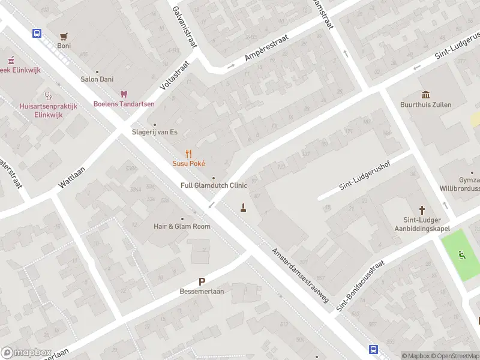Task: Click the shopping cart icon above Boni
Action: [64, 36]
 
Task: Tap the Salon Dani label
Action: [97, 79]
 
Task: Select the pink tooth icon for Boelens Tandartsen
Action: [124, 94]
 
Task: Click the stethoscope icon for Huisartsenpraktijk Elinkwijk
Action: [48, 95]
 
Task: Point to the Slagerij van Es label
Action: [155, 132]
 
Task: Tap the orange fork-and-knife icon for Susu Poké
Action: [188, 154]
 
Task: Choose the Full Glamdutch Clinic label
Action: [214, 185]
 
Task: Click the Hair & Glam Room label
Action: [182, 226]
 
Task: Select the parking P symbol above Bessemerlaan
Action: [202, 281]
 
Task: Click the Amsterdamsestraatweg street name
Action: [299, 275]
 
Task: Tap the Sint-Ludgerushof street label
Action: [364, 176]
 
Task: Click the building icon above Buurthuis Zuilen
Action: [425, 95]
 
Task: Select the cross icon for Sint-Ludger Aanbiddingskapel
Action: [422, 210]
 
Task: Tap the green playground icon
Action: [462, 254]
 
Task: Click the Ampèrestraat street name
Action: [267, 48]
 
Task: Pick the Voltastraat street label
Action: [175, 75]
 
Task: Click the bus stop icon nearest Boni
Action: [37, 34]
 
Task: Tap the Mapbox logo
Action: [26, 353]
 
